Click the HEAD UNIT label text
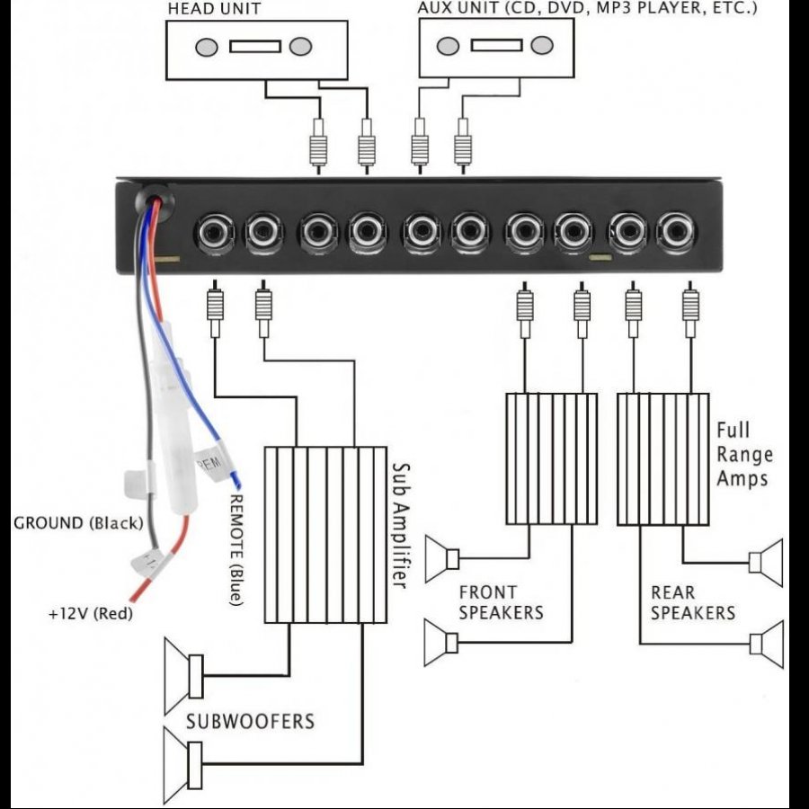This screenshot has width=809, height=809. pyautogui.click(x=214, y=8)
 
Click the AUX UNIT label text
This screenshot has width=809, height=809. pyautogui.click(x=587, y=8)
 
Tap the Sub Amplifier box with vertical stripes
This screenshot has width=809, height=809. pyautogui.click(x=324, y=534)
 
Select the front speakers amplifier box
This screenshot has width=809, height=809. pyautogui.click(x=551, y=458)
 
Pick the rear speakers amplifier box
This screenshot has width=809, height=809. pyautogui.click(x=662, y=458)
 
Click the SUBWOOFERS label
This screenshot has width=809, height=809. pyautogui.click(x=250, y=721)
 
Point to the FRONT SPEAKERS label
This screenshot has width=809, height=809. pyautogui.click(x=501, y=602)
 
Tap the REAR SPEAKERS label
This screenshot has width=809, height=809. pyautogui.click(x=692, y=602)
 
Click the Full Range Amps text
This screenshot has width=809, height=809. pyautogui.click(x=743, y=454)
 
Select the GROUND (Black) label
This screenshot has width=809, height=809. pyautogui.click(x=78, y=523)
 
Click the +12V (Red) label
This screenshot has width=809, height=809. pyautogui.click(x=88, y=615)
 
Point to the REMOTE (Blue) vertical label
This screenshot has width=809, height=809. pyautogui.click(x=237, y=548)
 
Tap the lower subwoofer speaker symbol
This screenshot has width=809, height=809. pyautogui.click(x=185, y=764)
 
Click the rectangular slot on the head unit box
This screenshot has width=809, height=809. pyautogui.click(x=255, y=46)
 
